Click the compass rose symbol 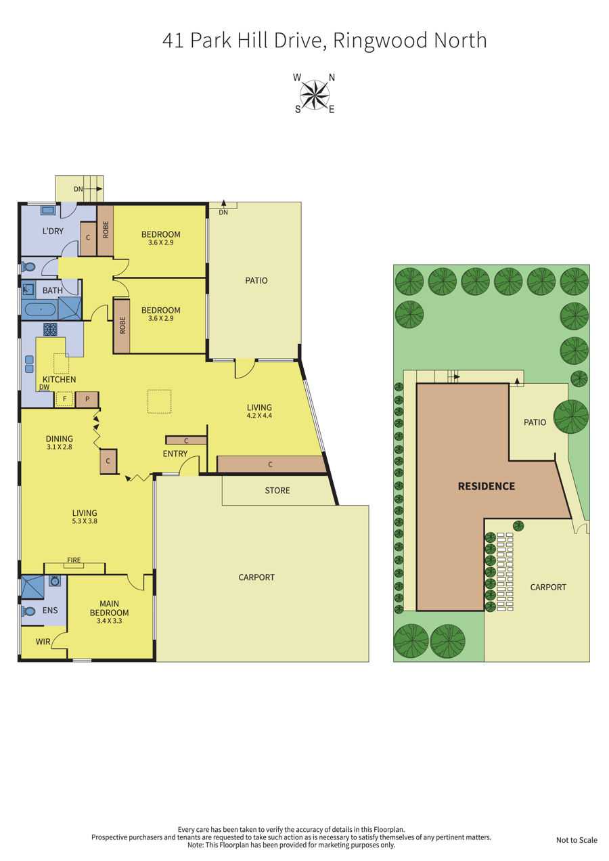[314, 94]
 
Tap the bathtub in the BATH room [41, 310]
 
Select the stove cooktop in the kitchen [50, 329]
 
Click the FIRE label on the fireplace [74, 560]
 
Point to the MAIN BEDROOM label [109, 608]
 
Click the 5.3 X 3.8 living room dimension [85, 521]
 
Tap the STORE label [277, 491]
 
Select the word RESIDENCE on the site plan [486, 486]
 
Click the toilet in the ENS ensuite [29, 611]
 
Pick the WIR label [43, 642]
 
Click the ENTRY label [175, 454]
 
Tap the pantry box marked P [87, 399]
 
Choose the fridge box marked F [64, 399]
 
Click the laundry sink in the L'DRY [48, 211]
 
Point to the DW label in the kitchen [44, 387]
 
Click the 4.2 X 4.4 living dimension [259, 416]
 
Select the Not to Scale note [577, 840]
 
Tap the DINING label [59, 439]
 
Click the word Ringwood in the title [380, 41]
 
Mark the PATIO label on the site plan [535, 422]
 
